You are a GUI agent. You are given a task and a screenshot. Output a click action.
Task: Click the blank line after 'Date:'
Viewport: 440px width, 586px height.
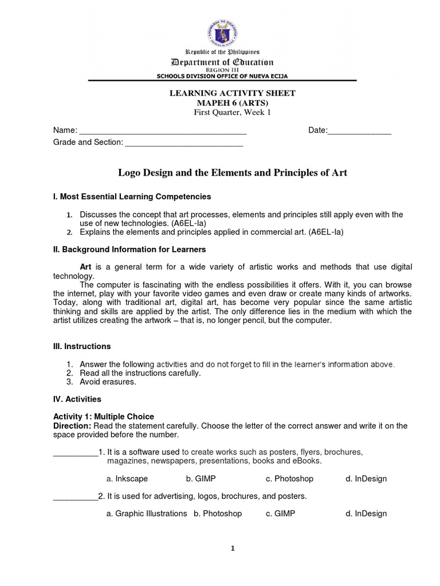click(x=359, y=131)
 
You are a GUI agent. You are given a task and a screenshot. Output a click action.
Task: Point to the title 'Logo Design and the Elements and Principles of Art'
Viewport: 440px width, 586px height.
click(x=233, y=172)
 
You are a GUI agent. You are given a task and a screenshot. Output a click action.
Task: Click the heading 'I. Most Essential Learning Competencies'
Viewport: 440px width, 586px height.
click(x=132, y=196)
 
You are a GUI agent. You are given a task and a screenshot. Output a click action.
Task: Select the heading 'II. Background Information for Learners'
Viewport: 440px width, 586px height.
click(x=129, y=250)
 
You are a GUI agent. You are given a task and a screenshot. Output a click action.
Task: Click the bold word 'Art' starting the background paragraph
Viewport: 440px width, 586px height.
click(x=86, y=267)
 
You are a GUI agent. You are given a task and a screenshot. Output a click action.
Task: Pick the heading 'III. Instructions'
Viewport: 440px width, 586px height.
click(x=82, y=346)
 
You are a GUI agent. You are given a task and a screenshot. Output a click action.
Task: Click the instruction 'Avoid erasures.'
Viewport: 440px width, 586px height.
click(x=108, y=382)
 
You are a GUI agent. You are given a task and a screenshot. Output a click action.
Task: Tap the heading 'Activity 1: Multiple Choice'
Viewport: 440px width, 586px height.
click(x=104, y=416)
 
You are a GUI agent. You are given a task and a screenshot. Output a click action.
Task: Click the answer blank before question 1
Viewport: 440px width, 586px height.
click(x=76, y=452)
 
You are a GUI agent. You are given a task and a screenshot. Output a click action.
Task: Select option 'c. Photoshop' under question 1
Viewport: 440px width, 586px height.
click(x=289, y=478)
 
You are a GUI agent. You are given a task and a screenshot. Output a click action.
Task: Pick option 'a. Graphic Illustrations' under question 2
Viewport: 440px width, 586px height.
click(x=147, y=513)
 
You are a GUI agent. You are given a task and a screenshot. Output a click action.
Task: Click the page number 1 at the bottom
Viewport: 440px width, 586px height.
click(x=233, y=548)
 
